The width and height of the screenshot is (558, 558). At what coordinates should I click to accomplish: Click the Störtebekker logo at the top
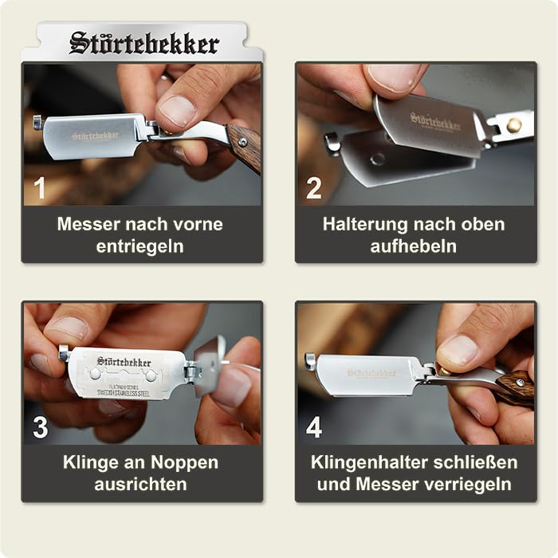pos(143,43)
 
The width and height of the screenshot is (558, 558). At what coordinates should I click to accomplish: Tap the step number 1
pos(40,189)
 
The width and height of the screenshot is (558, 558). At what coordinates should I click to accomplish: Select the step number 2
pos(314,189)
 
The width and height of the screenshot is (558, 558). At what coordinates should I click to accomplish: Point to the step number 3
pos(40,428)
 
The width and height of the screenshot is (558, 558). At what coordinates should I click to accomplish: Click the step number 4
pos(314,428)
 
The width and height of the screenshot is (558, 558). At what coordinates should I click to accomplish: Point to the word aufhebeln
pos(413,246)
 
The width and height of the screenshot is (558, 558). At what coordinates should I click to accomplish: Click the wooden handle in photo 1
pos(246,145)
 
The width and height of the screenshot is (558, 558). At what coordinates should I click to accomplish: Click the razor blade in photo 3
pos(128,373)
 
